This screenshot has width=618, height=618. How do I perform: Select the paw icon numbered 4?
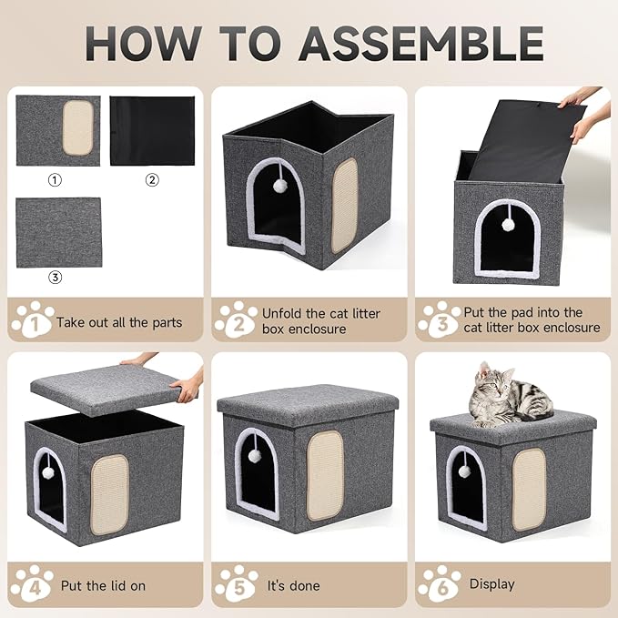tap(30, 584)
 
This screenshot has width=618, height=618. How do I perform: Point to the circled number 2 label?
tap(152, 179)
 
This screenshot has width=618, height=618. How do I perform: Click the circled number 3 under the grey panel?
tap(56, 278)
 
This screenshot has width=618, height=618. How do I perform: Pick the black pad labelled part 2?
tap(152, 130)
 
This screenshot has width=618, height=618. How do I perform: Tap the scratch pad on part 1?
tap(77, 127)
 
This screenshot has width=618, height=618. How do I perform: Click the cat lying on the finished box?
tap(504, 397)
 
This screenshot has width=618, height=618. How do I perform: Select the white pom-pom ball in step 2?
tap(280, 185)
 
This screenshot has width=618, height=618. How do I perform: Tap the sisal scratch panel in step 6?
tap(528, 488)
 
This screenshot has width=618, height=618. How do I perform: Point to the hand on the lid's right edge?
tap(188, 389)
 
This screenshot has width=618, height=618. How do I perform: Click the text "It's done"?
tap(293, 585)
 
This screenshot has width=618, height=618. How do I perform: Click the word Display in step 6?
tap(491, 584)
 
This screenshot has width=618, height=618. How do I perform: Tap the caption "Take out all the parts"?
tap(118, 321)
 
